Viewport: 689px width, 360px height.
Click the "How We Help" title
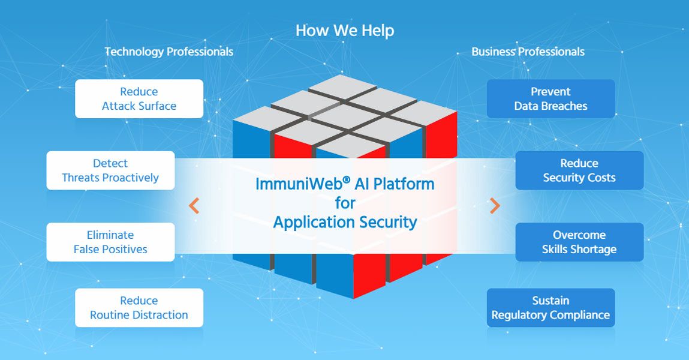coord(345,30)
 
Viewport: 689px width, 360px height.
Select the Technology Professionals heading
coord(169,52)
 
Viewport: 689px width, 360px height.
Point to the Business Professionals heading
coord(528,52)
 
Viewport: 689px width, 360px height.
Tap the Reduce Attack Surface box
coord(139,99)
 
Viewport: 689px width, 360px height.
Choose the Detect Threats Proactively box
coord(110,170)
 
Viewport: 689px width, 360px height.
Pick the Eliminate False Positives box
coord(110,242)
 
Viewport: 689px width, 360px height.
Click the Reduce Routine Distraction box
coord(139,308)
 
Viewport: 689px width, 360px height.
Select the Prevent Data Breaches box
coord(550,99)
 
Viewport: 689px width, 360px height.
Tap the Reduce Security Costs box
coord(579,170)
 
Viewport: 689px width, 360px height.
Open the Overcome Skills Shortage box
coord(579,242)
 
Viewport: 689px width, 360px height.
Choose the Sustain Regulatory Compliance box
coord(550,308)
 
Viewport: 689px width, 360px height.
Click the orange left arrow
coord(194,206)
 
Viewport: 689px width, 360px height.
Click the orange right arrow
coord(495,206)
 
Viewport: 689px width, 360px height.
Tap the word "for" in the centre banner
coord(345,203)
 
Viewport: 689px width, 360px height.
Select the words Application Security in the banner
coord(345,222)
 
